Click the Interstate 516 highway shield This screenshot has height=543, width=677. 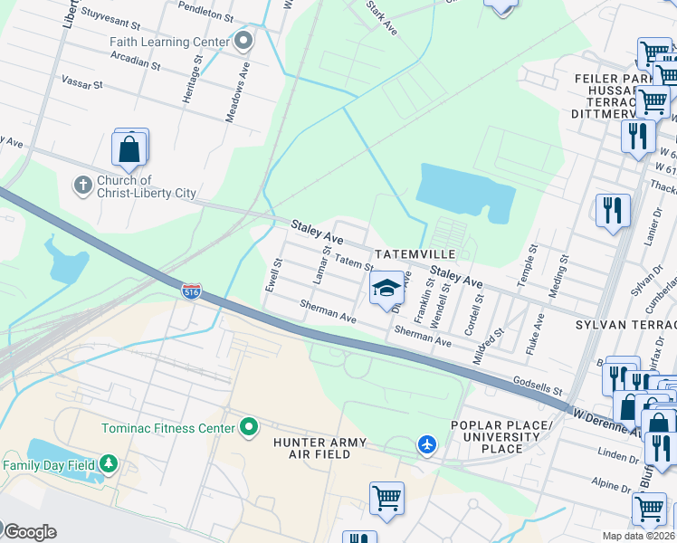coord(191,292)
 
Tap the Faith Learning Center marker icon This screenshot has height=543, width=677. coord(243,42)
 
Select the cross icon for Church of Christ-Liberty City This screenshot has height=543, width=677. coord(82,186)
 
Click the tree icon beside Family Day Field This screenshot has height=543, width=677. coord(109,464)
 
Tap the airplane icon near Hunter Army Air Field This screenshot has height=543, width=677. coord(427,444)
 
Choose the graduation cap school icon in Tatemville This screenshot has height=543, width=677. coord(386,289)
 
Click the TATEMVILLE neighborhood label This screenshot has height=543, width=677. coord(416,255)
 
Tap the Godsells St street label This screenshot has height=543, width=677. coord(538,386)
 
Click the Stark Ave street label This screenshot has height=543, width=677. coord(381,17)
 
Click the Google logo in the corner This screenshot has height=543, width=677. coord(30,531)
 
